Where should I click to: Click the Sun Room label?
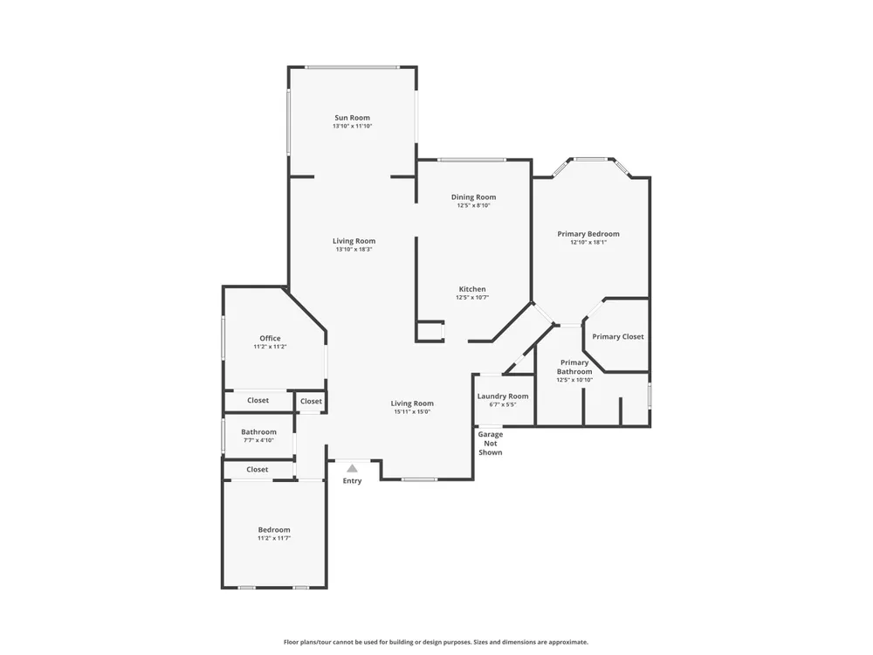click(x=352, y=118)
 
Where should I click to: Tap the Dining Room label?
click(x=473, y=196)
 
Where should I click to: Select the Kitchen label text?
click(x=472, y=289)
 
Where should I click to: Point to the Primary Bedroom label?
click(x=588, y=234)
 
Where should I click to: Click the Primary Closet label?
click(x=617, y=336)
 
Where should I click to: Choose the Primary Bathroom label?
click(x=574, y=367)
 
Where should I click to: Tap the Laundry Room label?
click(x=503, y=396)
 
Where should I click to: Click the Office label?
click(x=270, y=338)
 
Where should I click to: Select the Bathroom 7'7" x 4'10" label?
click(x=259, y=436)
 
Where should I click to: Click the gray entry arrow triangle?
click(x=352, y=468)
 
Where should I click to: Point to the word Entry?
click(x=352, y=480)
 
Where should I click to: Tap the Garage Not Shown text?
click(x=491, y=444)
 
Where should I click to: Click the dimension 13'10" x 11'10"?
click(x=353, y=127)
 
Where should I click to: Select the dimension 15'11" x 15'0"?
click(x=412, y=412)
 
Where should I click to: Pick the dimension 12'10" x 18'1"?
click(x=588, y=243)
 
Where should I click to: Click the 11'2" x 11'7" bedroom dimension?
click(x=274, y=539)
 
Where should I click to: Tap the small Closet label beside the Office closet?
click(x=311, y=401)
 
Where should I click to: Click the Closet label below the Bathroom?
click(x=258, y=470)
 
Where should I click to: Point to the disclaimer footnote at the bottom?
click(x=436, y=642)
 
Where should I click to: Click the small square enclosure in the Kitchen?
click(x=430, y=331)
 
